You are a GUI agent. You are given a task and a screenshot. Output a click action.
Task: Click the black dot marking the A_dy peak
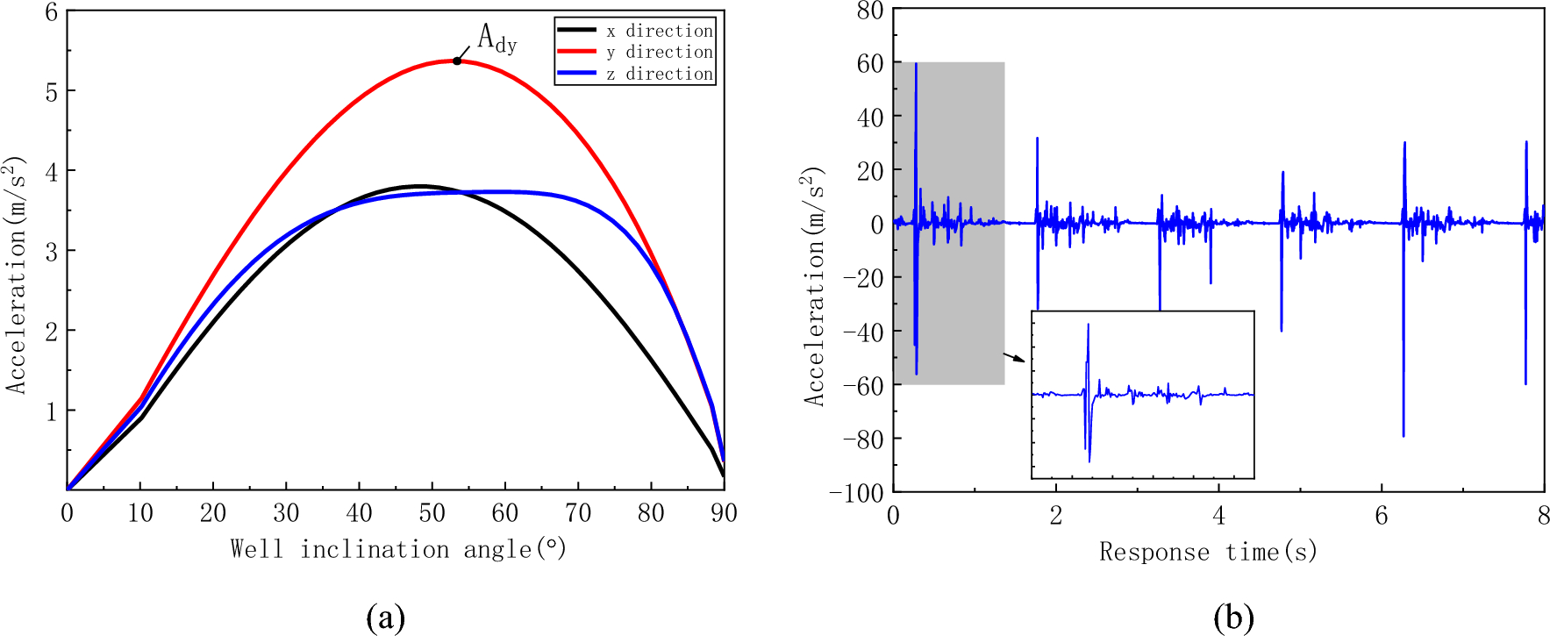457,61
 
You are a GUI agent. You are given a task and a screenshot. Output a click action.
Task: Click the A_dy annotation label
496,38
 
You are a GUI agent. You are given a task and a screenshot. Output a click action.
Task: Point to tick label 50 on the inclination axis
432,513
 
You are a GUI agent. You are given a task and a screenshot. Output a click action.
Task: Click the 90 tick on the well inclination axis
724,513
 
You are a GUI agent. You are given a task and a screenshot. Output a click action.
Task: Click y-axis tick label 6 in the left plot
52,11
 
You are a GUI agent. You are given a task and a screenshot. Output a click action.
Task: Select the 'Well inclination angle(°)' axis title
398,550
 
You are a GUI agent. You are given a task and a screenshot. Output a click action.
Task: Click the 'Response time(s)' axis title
1208,553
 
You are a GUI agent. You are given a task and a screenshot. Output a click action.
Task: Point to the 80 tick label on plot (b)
870,11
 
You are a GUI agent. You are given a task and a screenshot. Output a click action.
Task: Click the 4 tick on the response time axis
1218,516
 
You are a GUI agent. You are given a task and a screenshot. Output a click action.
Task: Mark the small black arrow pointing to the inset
1014,357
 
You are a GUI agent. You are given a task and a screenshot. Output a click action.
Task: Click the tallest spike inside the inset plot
1089,325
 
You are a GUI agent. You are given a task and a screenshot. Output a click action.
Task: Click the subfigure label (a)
385,618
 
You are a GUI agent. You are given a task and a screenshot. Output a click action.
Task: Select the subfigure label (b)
1233,618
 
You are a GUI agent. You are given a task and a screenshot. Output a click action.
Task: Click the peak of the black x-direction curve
420,186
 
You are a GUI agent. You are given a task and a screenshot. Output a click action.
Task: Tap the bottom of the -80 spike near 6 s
1404,435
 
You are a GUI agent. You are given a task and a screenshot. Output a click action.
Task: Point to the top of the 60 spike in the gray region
916,64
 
